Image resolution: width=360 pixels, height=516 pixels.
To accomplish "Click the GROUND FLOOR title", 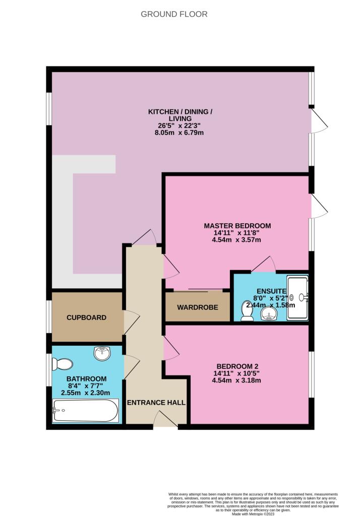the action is pos(174,14).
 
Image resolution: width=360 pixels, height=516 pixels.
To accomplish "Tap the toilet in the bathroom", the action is pos(62,364).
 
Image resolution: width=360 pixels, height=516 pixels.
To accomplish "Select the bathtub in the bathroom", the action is pos(85,410).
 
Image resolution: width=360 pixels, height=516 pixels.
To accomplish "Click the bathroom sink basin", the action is pos(102,354).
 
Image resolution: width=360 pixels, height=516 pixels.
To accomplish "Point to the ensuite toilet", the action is pos(247,310).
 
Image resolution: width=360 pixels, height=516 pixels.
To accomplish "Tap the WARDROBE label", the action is pos(198,307).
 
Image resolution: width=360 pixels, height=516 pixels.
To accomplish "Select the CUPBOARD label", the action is pos(86,317).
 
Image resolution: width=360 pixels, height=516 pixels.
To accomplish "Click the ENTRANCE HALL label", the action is pos(156,403).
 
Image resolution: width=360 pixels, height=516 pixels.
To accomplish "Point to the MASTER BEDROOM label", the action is pos(237,226).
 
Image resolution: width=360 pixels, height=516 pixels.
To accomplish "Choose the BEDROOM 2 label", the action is pos(237,366).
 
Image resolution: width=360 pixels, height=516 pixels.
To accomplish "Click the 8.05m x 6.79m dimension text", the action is pos(179,133).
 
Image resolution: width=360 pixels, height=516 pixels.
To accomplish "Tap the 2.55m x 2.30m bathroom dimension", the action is pos(86,393).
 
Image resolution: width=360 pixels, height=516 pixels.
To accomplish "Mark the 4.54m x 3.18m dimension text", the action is pos(236,380).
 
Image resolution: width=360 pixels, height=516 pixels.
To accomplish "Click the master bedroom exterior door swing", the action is pos(319,206).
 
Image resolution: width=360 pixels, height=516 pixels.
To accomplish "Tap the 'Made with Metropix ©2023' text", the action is pos(253,513).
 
